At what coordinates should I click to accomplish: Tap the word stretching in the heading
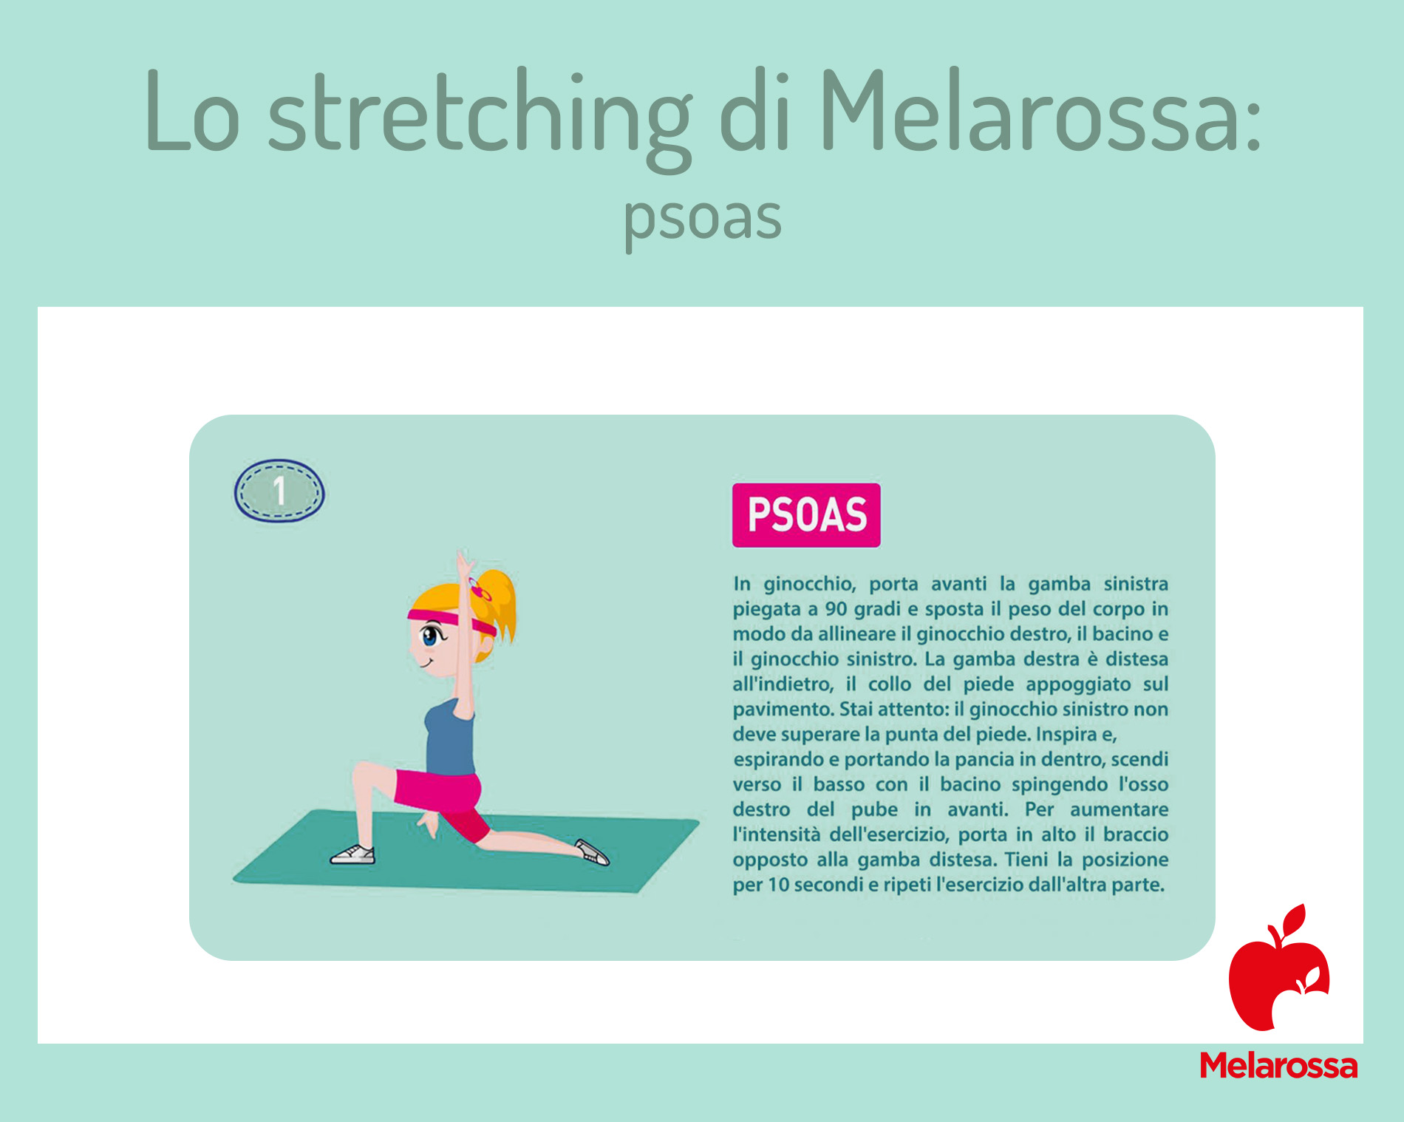pos(480,118)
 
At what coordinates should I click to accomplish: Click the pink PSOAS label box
pos(806,515)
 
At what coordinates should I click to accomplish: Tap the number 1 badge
pos(279,492)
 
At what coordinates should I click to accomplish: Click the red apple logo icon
pos(1279,968)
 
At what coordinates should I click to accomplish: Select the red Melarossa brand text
pos(1278,1066)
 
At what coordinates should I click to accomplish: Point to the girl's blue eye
pos(429,634)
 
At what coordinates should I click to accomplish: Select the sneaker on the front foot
pos(352,855)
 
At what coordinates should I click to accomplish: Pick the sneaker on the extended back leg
pos(592,851)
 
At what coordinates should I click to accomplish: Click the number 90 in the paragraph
pos(836,609)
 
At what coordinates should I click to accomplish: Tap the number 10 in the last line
pos(779,885)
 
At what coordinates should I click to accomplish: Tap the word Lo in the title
pos(193,111)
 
